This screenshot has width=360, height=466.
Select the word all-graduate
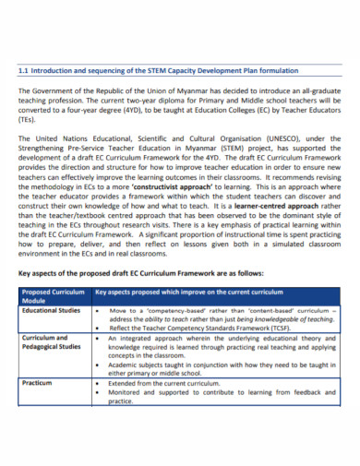point(318,91)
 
